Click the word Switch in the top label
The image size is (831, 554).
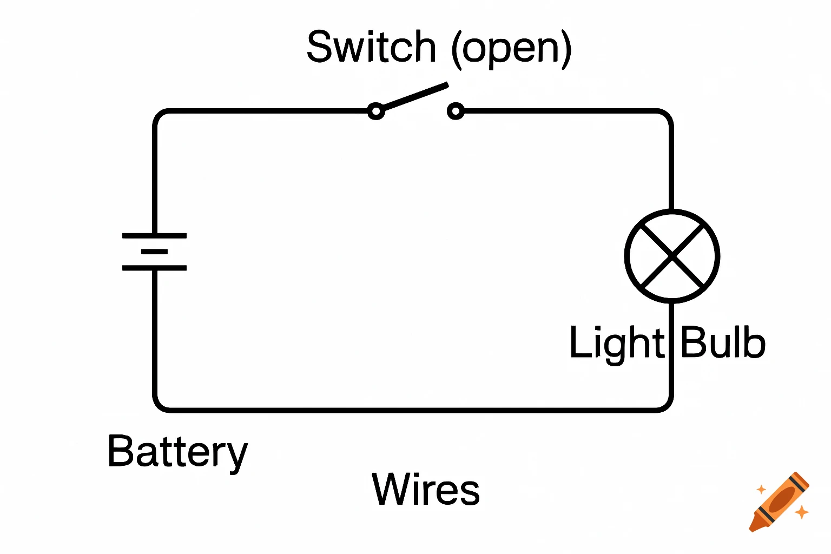[371, 47]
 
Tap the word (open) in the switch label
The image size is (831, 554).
[511, 49]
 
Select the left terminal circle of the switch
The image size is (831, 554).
[376, 111]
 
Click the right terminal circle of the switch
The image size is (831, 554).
[456, 111]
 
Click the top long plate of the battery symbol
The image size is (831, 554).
[154, 236]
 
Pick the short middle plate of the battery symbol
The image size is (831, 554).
[154, 252]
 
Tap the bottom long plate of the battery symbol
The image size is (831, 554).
[154, 268]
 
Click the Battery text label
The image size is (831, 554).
[177, 452]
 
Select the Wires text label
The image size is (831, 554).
[426, 489]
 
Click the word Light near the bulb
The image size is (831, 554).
[616, 342]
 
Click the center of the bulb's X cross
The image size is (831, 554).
[672, 256]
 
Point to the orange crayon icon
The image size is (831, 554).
[780, 502]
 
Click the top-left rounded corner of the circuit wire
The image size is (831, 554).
[160, 116]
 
